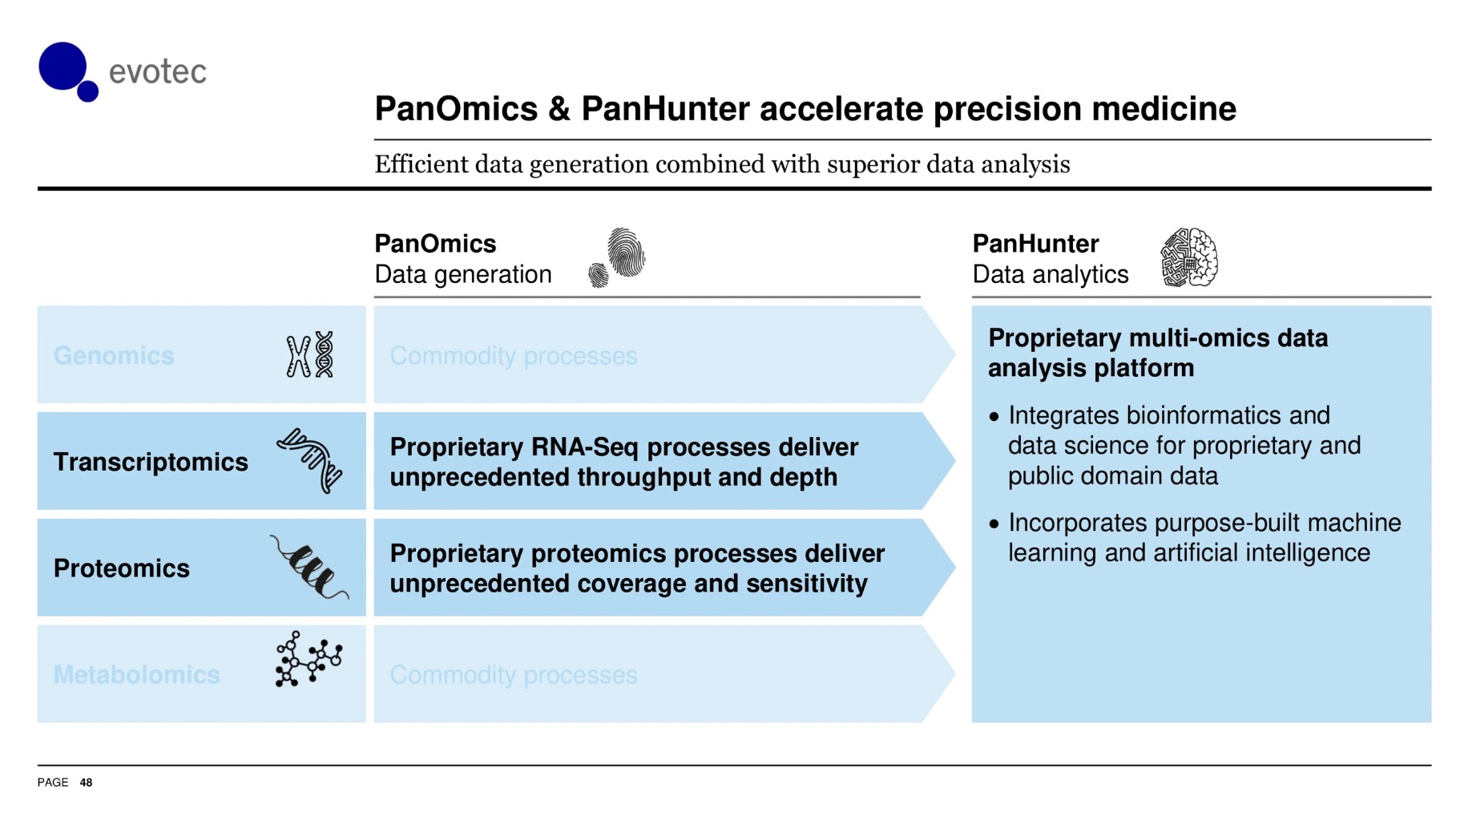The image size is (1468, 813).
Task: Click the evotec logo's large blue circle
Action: click(x=63, y=66)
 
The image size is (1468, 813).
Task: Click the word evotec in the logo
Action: click(x=158, y=72)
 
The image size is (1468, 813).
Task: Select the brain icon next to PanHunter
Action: click(x=1190, y=257)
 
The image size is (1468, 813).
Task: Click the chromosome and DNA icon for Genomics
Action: click(x=310, y=354)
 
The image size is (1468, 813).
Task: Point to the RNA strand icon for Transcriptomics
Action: click(x=310, y=460)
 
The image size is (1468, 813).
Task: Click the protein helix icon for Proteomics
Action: click(x=309, y=567)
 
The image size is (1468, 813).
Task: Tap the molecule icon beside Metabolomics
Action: click(x=309, y=659)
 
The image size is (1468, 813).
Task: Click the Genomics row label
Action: click(x=114, y=355)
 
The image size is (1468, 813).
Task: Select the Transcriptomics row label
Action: click(x=151, y=462)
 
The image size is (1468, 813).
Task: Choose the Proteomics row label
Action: click(x=122, y=568)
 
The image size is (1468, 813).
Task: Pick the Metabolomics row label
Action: click(x=137, y=674)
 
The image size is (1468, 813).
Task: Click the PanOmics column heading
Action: click(x=435, y=243)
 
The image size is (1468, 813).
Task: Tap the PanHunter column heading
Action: click(x=1035, y=243)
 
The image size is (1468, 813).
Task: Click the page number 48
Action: click(x=86, y=783)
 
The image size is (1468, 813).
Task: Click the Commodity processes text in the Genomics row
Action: click(x=514, y=355)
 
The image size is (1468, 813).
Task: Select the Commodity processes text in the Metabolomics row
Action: click(x=514, y=674)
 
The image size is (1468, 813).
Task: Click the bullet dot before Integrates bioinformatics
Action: click(x=994, y=416)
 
